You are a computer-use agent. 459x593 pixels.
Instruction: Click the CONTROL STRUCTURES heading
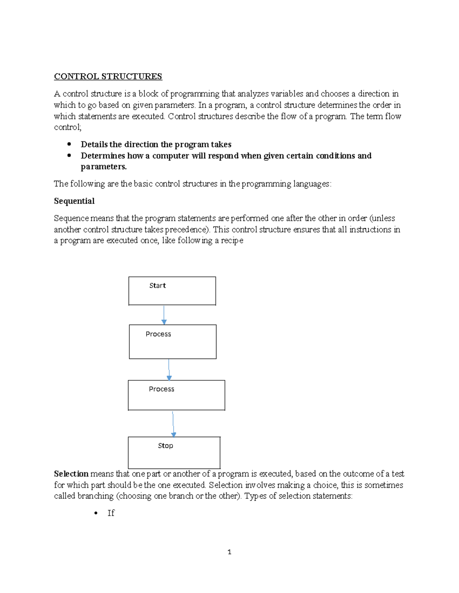(x=108, y=76)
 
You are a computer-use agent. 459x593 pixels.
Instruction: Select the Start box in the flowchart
(x=172, y=291)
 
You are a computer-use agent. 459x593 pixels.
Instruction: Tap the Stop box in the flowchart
(x=174, y=453)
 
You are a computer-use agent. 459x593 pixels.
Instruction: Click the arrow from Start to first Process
(x=164, y=315)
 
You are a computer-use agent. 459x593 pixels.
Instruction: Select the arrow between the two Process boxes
(x=169, y=369)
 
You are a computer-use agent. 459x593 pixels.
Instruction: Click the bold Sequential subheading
(x=74, y=201)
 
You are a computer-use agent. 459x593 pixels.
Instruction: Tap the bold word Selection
(x=71, y=474)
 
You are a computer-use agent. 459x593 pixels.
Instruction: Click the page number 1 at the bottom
(x=229, y=552)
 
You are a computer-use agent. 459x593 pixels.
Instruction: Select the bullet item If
(x=111, y=513)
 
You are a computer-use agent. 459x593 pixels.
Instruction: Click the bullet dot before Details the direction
(x=69, y=144)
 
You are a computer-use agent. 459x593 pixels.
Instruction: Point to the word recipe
(x=232, y=241)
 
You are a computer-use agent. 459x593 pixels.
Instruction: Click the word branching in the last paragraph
(x=95, y=496)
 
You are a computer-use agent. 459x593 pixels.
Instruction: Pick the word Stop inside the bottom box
(x=165, y=446)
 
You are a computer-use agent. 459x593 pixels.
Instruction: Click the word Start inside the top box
(x=157, y=286)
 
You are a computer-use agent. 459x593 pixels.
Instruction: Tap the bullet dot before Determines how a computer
(x=69, y=155)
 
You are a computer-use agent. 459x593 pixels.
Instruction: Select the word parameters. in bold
(x=104, y=167)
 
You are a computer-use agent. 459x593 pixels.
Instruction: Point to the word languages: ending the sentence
(x=312, y=184)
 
